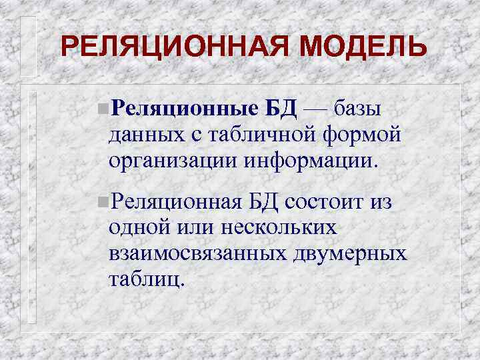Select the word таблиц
coord(143,279)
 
